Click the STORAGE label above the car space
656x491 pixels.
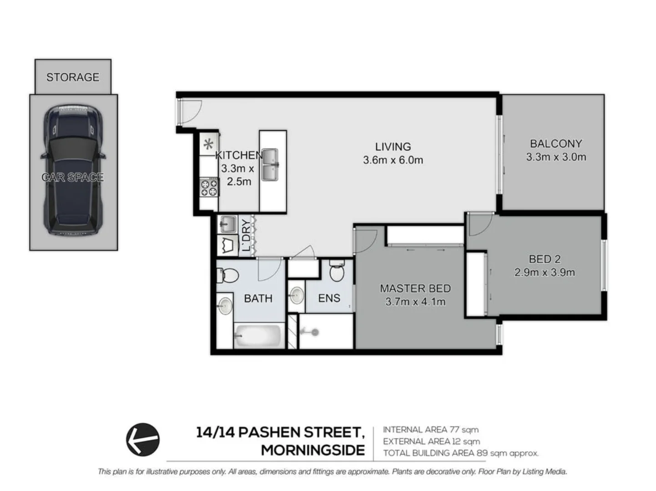73,77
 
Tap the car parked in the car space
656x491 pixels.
73,170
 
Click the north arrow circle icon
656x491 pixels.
143,439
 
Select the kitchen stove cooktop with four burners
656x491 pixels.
209,188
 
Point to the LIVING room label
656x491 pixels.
393,147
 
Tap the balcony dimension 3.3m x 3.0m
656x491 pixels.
556,157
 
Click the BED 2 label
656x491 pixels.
545,259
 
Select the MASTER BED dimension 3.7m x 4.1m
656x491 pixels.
415,302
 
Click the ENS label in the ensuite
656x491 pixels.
329,298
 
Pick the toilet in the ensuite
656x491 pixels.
337,272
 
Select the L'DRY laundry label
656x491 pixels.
246,235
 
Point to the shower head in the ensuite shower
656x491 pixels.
314,332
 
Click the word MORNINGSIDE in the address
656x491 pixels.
313,450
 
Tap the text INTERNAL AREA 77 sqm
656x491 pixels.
430,430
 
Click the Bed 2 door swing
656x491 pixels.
479,225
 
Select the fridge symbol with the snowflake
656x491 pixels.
208,145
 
